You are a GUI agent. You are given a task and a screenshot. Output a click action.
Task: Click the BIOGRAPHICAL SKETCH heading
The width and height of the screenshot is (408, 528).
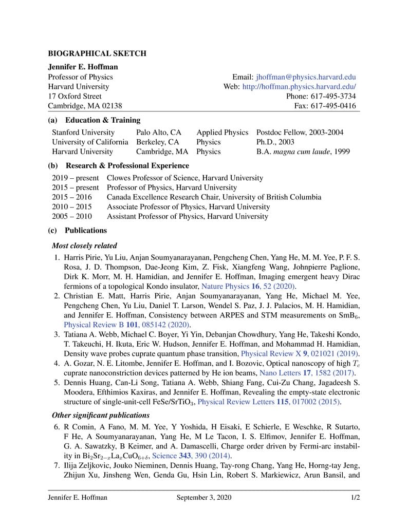(97, 53)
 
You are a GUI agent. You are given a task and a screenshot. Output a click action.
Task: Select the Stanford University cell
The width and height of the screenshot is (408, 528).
(83, 133)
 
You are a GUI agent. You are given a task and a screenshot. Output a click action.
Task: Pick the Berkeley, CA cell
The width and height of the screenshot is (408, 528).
(158, 142)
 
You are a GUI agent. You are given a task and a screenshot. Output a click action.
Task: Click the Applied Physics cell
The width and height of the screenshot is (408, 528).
(222, 133)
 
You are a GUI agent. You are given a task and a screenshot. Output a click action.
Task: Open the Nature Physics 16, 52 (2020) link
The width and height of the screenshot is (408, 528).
(249, 286)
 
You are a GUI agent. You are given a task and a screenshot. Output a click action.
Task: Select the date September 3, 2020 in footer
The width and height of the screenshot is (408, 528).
(204, 498)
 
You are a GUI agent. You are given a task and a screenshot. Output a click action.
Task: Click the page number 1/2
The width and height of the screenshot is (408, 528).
(355, 498)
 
